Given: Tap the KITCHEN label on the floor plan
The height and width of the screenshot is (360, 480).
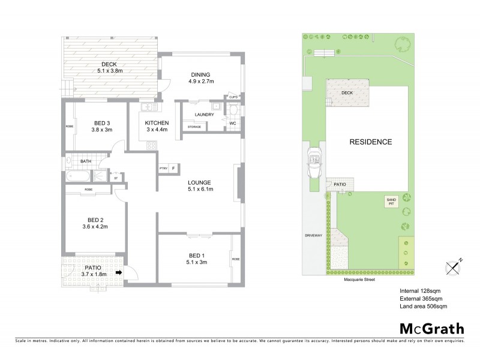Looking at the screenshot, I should click(157, 123).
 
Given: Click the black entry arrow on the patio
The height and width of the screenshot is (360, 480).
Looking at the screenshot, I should click(119, 272).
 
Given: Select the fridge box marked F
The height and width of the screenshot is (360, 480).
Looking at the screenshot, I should click(175, 169).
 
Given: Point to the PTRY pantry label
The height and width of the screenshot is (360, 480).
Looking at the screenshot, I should click(164, 169).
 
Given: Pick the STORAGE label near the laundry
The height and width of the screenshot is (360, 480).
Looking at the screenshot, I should click(194, 127).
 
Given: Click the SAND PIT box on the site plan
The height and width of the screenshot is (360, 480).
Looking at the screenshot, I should click(391, 202).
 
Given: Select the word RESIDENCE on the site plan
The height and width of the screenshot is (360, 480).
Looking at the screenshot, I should click(371, 142).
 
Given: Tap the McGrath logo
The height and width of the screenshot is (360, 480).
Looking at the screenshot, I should click(432, 328).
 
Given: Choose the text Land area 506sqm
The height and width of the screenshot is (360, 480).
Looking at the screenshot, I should click(423, 307).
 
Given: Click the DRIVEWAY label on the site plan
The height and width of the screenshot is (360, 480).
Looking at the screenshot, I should click(314, 235).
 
